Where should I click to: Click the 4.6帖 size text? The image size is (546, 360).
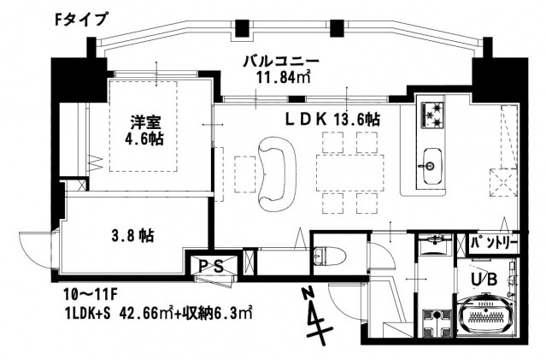(x=145, y=137)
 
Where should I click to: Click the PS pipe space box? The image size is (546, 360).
(x=211, y=266)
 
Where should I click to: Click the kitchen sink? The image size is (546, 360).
(x=431, y=160)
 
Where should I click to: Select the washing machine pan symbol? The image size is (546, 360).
(x=443, y=322)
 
